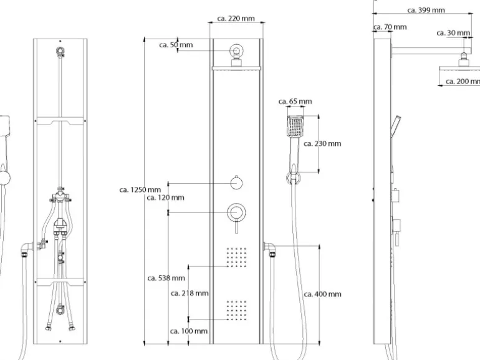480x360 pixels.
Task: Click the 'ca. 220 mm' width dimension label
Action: point(237,19)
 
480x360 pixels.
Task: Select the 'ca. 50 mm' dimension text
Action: point(176,45)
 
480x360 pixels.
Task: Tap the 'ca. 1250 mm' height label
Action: point(140,190)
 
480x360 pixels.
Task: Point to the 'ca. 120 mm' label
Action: point(165,198)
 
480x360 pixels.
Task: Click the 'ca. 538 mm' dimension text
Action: point(166,278)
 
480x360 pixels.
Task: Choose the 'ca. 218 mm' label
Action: point(190,293)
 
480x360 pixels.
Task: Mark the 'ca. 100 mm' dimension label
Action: point(189,331)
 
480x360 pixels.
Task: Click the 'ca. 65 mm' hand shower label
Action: point(295,102)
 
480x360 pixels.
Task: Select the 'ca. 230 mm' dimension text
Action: point(322,144)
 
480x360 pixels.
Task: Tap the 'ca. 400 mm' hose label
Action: point(322,294)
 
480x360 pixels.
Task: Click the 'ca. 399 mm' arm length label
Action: point(426,10)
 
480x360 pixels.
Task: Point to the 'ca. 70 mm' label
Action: point(390,27)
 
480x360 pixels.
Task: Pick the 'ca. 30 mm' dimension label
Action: point(453,33)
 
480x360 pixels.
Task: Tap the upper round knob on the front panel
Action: point(236,182)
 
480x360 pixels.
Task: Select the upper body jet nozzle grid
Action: point(236,257)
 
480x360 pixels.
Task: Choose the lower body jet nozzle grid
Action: point(236,310)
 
